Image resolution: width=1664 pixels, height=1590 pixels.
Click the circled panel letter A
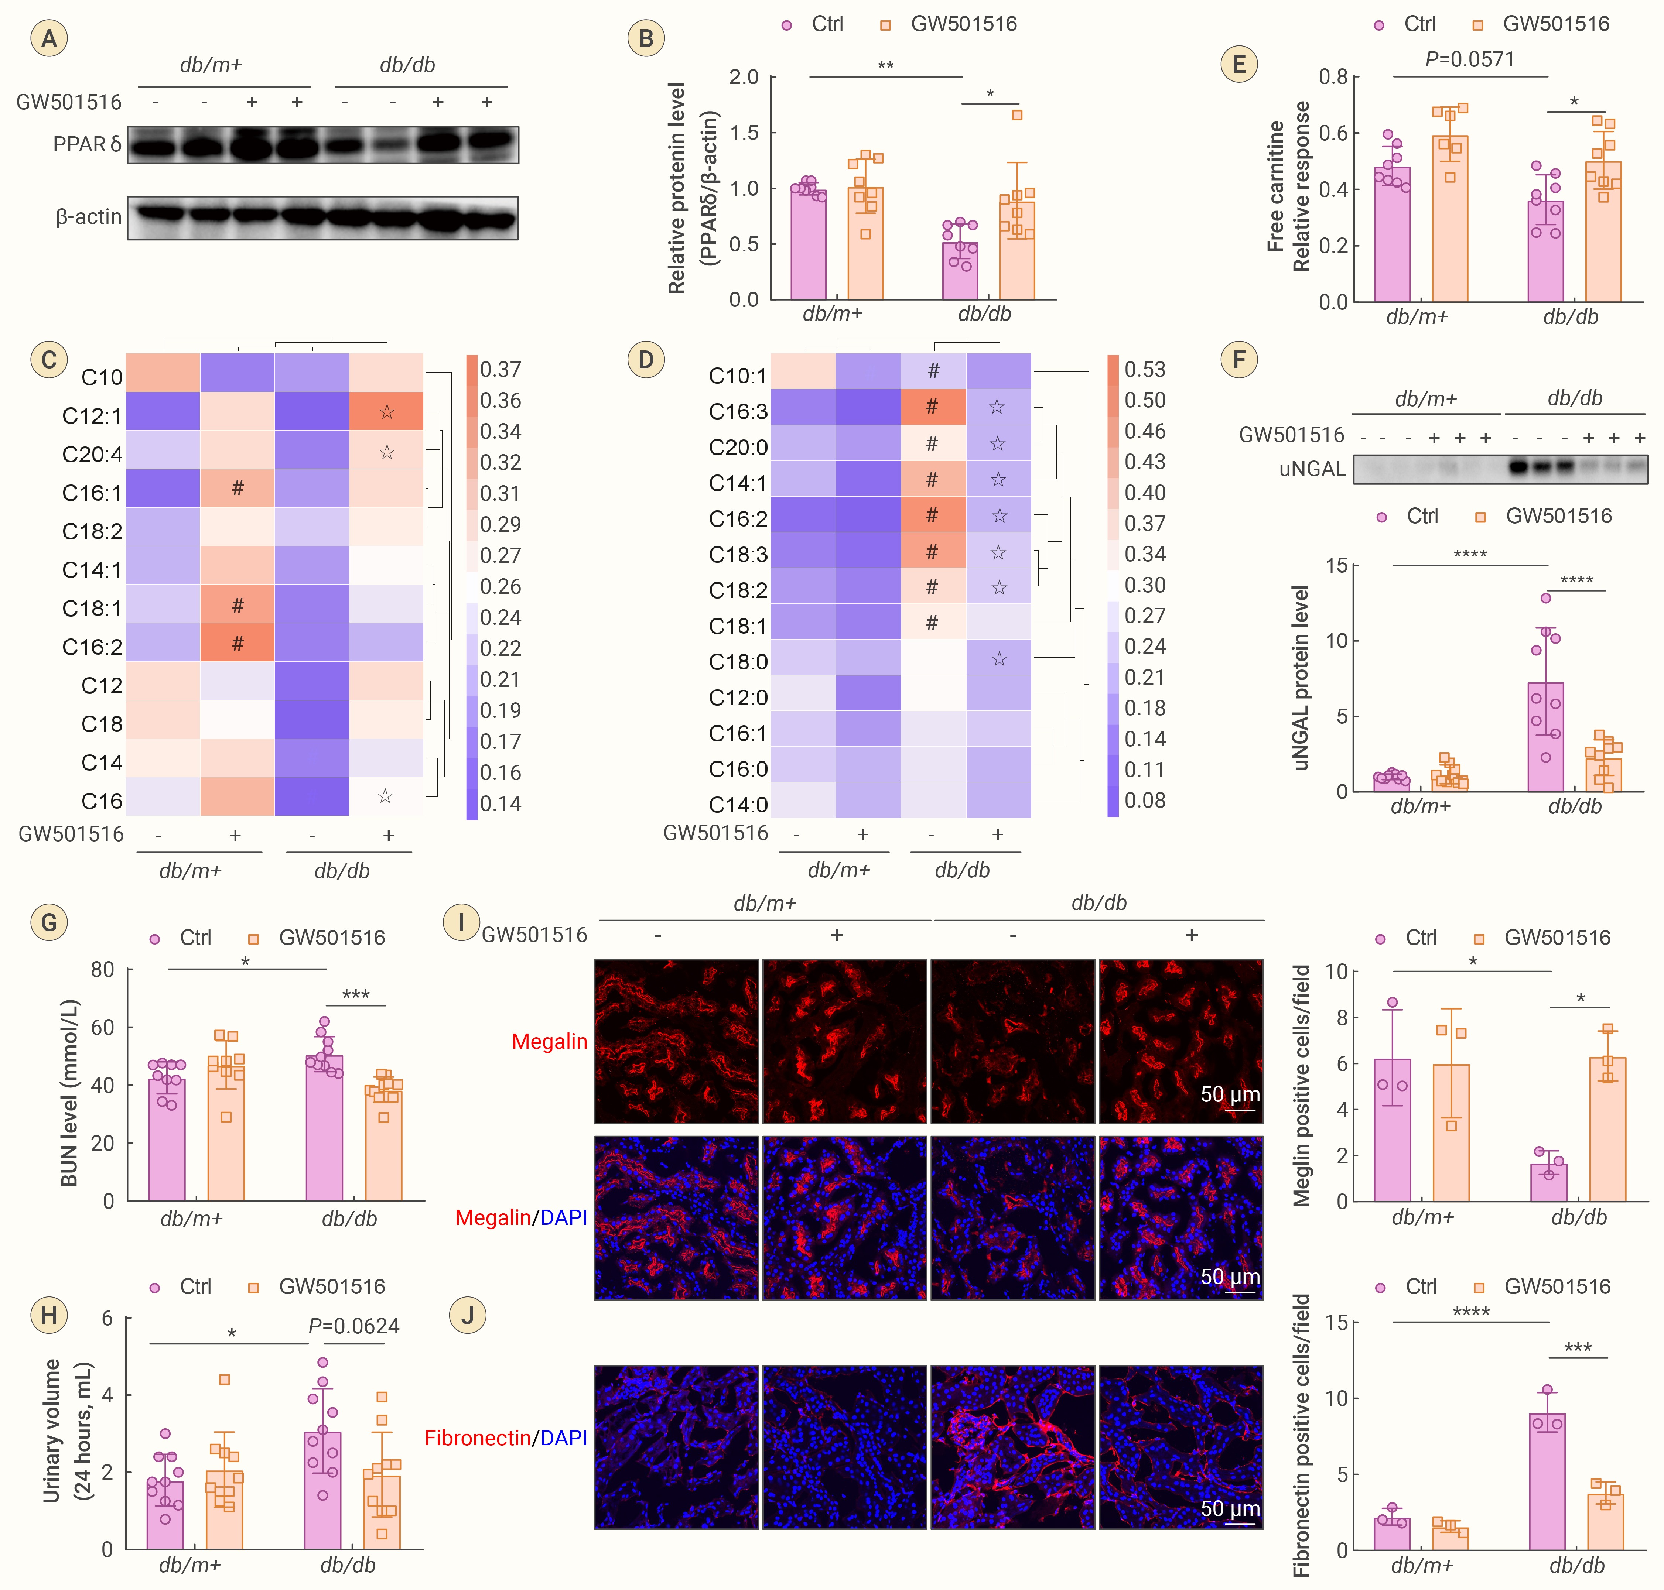49,38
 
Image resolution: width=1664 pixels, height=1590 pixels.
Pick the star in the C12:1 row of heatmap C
387,412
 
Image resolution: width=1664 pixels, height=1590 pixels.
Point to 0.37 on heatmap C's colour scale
500,370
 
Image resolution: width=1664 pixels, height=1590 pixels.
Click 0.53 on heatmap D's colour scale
1144,370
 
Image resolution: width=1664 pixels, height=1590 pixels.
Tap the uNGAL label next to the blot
1312,469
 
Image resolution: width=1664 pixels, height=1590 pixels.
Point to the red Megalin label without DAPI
549,1042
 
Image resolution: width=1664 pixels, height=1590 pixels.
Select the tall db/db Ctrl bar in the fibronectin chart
1547,1481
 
